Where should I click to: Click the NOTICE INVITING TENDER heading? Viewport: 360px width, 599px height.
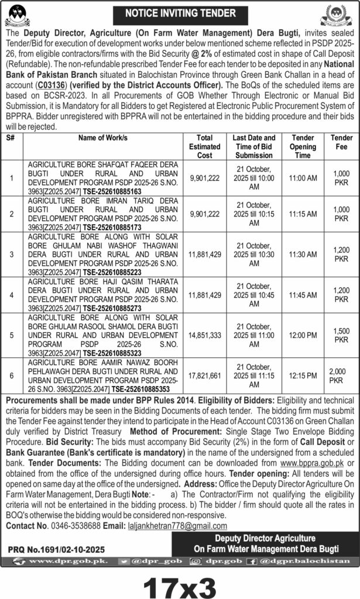pos(180,12)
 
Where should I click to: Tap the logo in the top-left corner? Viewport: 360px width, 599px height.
pos(20,15)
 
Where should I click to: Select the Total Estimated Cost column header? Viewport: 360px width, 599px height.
pos(209,147)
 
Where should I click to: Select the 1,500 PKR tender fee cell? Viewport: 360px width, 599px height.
pos(341,335)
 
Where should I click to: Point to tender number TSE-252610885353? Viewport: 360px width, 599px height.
pos(149,388)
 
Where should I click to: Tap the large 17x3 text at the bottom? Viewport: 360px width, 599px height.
pos(179,583)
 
